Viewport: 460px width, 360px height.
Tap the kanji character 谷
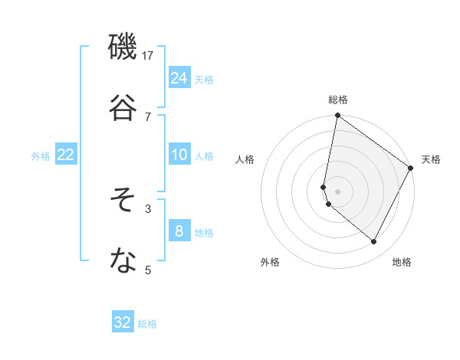click(123, 107)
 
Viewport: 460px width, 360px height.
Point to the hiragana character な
click(123, 261)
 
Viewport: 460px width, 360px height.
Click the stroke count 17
click(148, 55)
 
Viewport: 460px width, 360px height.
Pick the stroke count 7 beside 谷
click(148, 116)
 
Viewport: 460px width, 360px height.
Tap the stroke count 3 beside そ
click(148, 208)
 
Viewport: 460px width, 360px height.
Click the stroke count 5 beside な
click(148, 270)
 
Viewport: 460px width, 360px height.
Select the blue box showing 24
click(179, 78)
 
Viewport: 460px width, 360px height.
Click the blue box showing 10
click(179, 155)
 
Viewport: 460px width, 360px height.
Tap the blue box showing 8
click(179, 231)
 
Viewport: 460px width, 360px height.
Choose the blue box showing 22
click(65, 155)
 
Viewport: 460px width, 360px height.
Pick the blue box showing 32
click(123, 322)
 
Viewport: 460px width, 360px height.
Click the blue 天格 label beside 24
click(204, 80)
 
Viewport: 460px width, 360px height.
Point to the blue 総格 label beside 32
click(147, 324)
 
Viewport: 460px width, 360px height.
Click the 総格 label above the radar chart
click(338, 100)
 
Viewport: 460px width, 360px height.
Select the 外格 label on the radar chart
click(270, 262)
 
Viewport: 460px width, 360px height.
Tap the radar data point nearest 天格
click(411, 169)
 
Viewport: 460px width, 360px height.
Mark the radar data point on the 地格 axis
click(374, 242)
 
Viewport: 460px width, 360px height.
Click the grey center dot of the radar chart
click(338, 191)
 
